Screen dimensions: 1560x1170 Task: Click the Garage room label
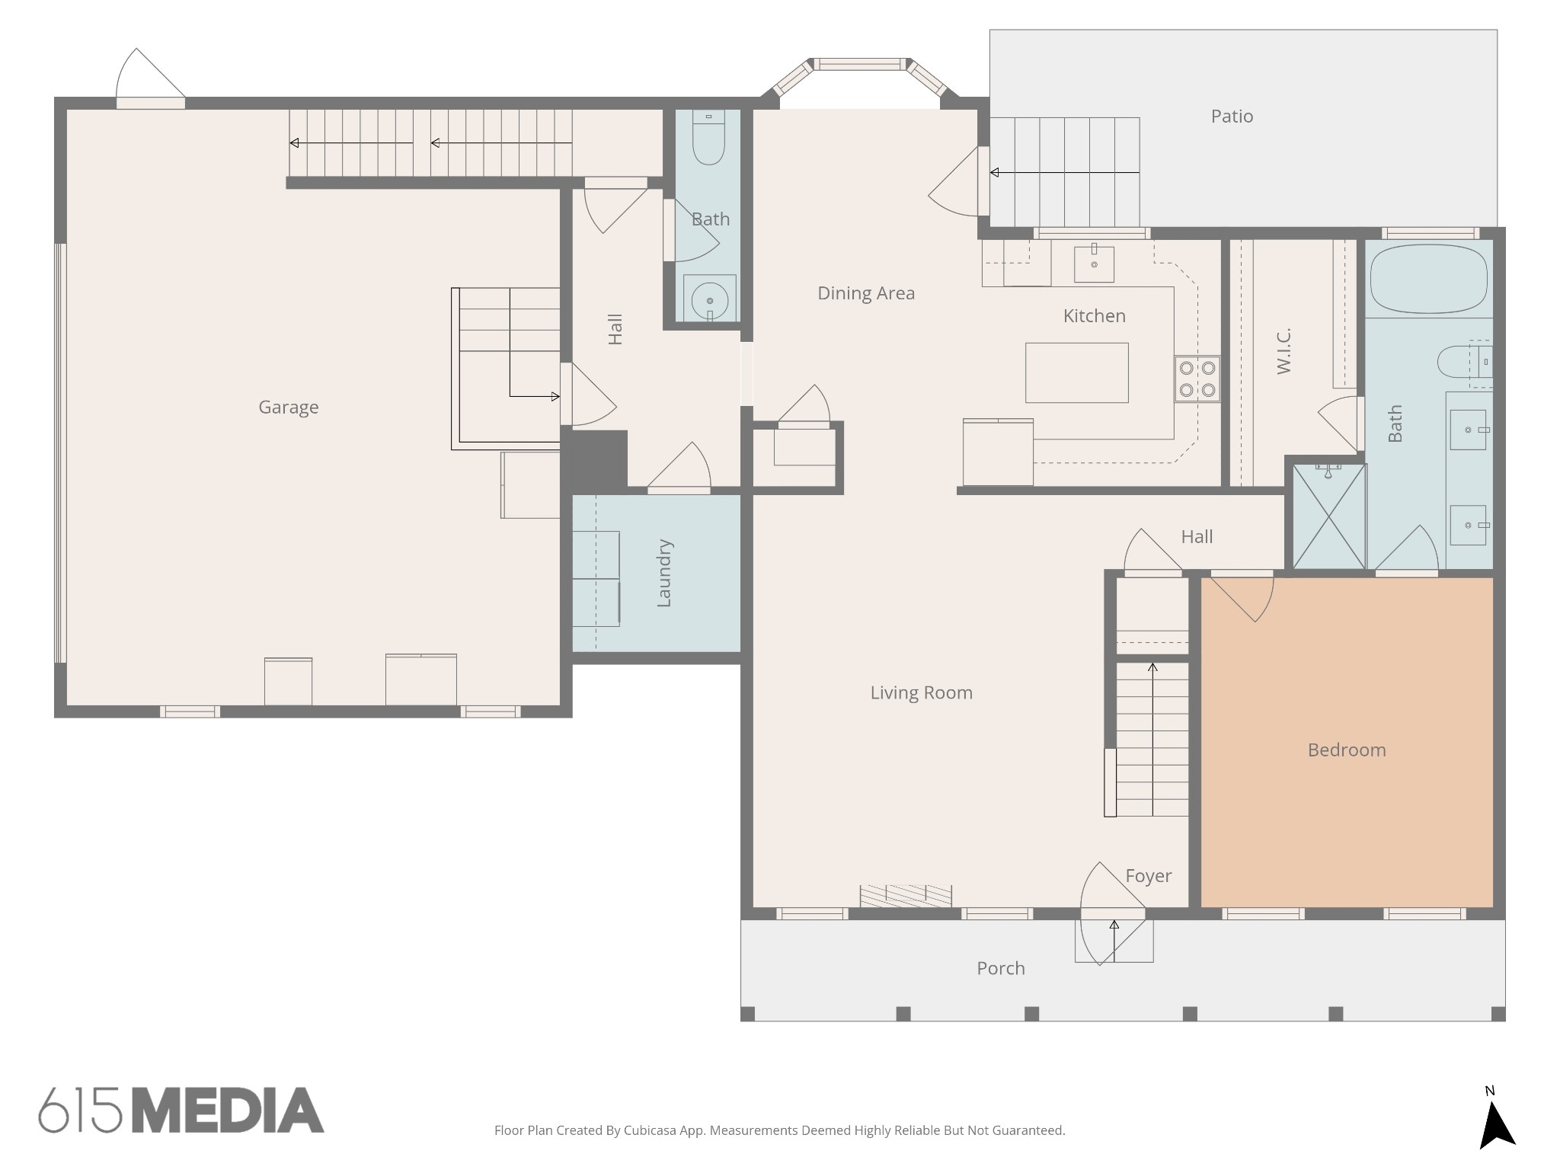coord(288,408)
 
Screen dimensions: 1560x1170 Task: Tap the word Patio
coord(1232,116)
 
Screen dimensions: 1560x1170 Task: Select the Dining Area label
coord(866,293)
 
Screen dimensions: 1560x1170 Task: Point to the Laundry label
coord(663,573)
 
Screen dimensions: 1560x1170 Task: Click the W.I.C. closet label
coord(1283,351)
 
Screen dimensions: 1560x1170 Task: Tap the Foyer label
coord(1149,876)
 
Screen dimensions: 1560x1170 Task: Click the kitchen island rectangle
coord(1076,372)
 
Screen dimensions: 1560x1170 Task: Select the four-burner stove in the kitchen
coord(1197,379)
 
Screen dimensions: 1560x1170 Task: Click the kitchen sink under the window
coord(1094,263)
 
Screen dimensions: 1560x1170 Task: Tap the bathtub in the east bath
coord(1428,279)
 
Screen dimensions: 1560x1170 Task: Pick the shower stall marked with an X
coord(1328,515)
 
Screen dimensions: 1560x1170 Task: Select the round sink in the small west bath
coord(710,299)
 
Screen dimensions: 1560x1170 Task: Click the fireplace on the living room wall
coord(906,896)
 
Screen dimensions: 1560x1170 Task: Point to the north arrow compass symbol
coord(1496,1128)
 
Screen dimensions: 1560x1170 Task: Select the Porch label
coord(1001,968)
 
